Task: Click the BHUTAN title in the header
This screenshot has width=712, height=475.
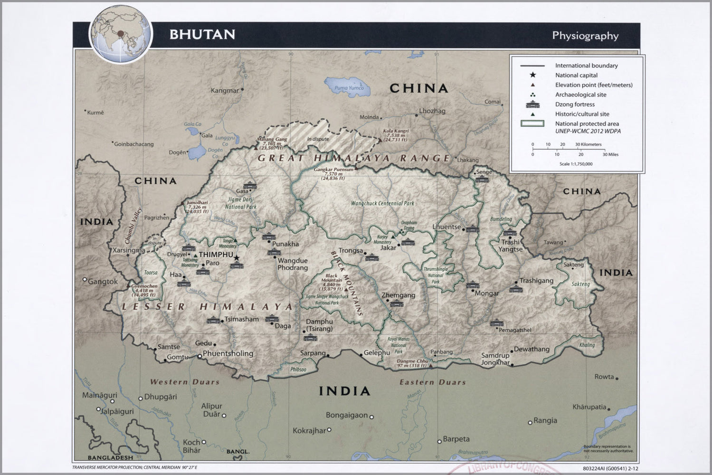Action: tap(202, 35)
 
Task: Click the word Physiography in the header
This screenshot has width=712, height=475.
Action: tap(585, 36)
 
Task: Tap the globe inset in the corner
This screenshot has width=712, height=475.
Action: tap(121, 34)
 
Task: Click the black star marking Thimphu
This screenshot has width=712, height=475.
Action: tap(237, 258)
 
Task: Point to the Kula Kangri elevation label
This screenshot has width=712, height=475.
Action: tap(395, 135)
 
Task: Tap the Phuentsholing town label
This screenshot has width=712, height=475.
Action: tap(228, 353)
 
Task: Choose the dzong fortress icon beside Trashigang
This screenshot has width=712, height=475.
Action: tap(514, 288)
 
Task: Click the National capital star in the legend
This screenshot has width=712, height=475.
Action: tap(532, 75)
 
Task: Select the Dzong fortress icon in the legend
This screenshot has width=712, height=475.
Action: tap(532, 104)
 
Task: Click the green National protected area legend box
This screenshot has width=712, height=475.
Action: tap(532, 123)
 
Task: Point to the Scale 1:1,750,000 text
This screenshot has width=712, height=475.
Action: tap(576, 164)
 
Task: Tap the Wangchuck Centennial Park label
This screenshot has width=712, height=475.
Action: tap(382, 203)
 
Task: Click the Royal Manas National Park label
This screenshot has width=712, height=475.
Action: tap(398, 345)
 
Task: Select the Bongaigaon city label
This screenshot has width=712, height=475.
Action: tap(347, 415)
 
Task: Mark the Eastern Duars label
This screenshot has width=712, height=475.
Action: tap(432, 382)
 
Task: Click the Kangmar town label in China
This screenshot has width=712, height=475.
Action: tap(225, 91)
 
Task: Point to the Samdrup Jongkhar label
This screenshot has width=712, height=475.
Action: tap(495, 359)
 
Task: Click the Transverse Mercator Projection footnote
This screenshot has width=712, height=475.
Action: tap(134, 467)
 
